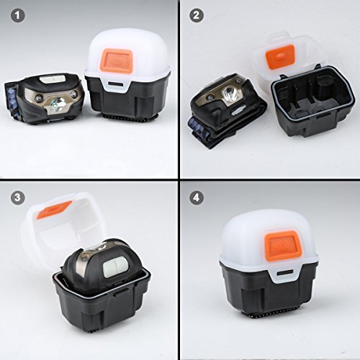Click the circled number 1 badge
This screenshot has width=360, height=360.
click(x=18, y=16)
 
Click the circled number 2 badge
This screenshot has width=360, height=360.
click(x=197, y=16)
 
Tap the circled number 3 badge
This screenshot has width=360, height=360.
click(x=18, y=197)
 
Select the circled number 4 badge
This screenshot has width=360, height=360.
click(x=197, y=197)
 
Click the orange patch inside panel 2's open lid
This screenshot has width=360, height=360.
click(x=280, y=57)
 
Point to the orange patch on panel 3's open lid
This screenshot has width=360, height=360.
click(x=54, y=210)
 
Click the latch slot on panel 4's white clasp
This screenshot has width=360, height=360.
click(x=285, y=272)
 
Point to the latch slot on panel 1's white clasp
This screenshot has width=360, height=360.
click(x=117, y=84)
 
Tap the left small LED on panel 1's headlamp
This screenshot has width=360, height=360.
click(x=37, y=98)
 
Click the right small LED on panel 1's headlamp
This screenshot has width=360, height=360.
click(x=74, y=94)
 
